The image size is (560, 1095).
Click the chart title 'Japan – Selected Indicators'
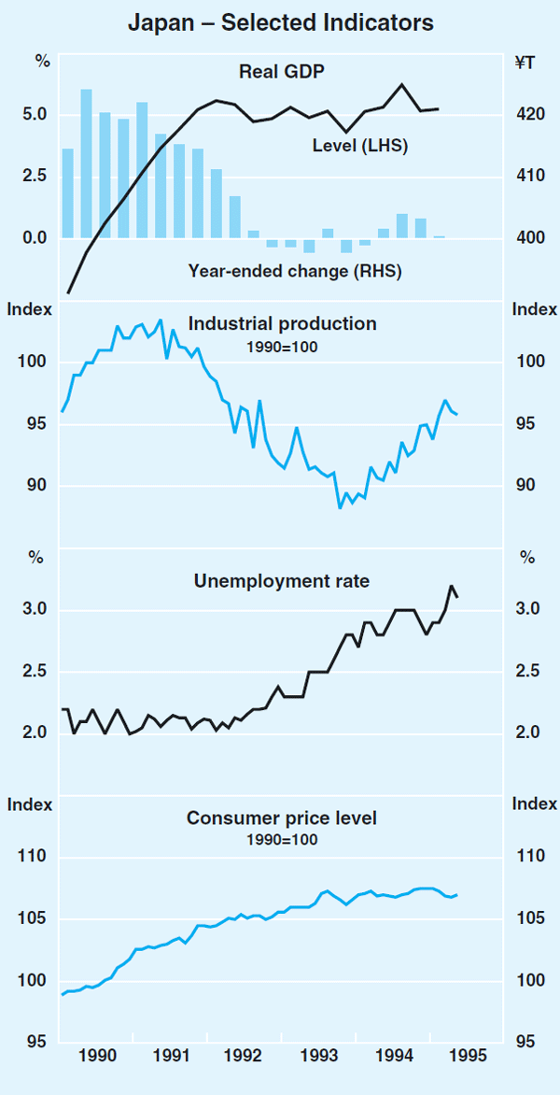tap(280, 23)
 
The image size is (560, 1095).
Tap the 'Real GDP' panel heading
tap(281, 71)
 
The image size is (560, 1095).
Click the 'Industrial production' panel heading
tap(282, 323)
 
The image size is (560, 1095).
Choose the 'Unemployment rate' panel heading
tap(281, 581)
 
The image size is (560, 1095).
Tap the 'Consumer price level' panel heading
tap(281, 818)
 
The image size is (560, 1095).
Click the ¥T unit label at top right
tap(525, 63)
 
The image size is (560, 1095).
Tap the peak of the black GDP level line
tap(401, 85)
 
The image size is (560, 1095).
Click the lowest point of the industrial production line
tap(340, 507)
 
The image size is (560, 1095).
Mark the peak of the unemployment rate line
tap(452, 586)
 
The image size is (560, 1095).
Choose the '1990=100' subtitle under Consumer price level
tap(281, 839)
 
